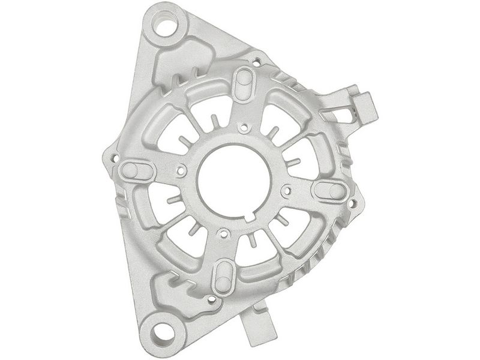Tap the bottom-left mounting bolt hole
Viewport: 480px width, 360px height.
pyautogui.click(x=160, y=329)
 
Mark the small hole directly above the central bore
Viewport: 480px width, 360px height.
pyautogui.click(x=243, y=127)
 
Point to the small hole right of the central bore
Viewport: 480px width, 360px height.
pyautogui.click(x=286, y=191)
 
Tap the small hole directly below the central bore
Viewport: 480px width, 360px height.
pyautogui.click(x=223, y=232)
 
